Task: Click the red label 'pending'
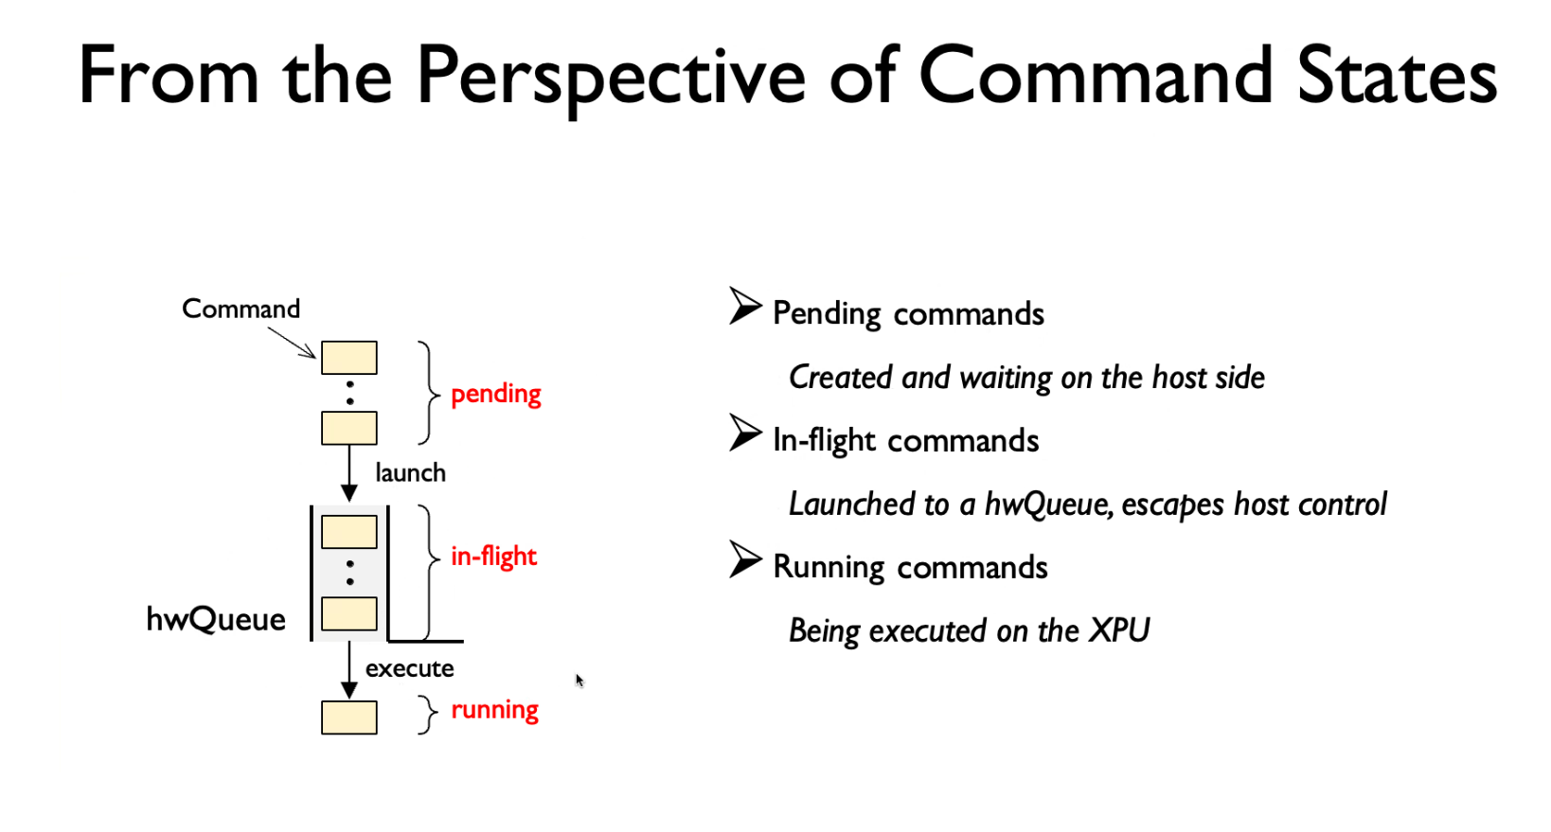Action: pyautogui.click(x=496, y=395)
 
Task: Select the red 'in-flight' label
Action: pyautogui.click(x=493, y=557)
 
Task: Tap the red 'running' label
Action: pyautogui.click(x=494, y=710)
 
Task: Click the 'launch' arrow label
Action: pyautogui.click(x=411, y=472)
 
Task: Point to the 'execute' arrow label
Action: pyautogui.click(x=410, y=668)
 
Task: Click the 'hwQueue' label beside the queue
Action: pyautogui.click(x=216, y=619)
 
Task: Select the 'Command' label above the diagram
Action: pyautogui.click(x=241, y=309)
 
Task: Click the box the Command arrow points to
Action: pyautogui.click(x=349, y=358)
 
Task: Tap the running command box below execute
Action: pyautogui.click(x=349, y=717)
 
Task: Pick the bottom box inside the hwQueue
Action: pyautogui.click(x=349, y=614)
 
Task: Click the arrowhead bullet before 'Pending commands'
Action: pyautogui.click(x=745, y=305)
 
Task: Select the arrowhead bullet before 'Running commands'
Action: pyautogui.click(x=745, y=559)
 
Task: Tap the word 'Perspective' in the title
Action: pyautogui.click(x=611, y=76)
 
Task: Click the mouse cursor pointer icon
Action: pyautogui.click(x=579, y=682)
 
